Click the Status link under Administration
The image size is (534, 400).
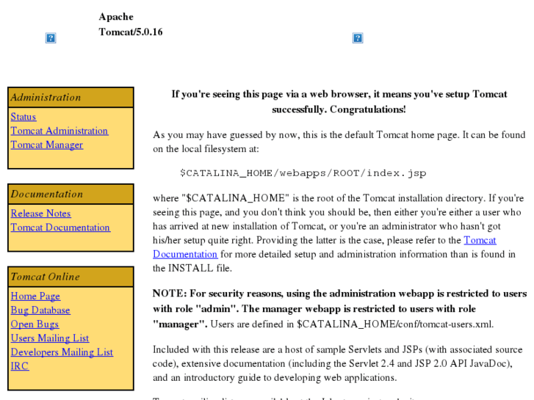[23, 117]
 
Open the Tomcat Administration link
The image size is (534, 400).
[59, 131]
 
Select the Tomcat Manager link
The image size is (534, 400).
[46, 145]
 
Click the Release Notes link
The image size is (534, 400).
[40, 214]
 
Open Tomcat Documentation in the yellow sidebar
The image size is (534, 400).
[60, 228]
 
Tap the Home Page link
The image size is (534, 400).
[35, 296]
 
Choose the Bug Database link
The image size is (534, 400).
[40, 310]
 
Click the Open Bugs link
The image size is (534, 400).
[35, 324]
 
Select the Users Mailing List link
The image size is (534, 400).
[49, 338]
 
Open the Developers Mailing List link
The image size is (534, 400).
[62, 352]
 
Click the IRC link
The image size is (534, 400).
[20, 366]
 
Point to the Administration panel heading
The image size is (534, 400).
[46, 97]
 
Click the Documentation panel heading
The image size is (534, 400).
[46, 194]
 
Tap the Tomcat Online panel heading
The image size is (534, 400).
[45, 276]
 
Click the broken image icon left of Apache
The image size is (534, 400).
[51, 38]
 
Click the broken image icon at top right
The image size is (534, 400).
[358, 38]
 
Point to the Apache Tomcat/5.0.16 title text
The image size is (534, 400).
[131, 24]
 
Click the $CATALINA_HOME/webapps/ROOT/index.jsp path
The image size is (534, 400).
[303, 173]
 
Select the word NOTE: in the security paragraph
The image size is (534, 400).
[170, 294]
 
